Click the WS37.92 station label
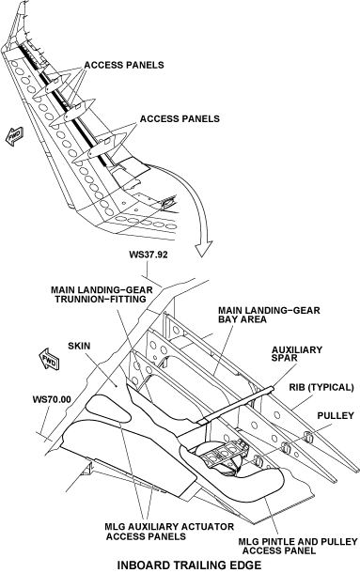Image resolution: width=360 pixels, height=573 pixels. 149,255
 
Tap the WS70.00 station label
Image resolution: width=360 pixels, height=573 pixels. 52,399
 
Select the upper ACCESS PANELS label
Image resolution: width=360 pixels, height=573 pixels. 124,65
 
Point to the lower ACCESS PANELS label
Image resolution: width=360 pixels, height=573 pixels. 180,118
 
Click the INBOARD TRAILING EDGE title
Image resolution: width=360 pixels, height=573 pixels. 190,565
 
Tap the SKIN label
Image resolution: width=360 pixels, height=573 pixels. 79,346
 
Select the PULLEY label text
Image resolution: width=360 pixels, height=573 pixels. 336,415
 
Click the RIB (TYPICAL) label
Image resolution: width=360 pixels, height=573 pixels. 321,387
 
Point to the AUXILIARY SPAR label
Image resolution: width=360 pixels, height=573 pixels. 297,354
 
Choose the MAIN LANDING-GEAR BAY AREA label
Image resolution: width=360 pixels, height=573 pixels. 269,315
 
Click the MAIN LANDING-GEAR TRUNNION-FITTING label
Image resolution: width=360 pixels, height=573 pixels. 102,294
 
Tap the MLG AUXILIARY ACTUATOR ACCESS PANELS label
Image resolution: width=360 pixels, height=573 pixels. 169,532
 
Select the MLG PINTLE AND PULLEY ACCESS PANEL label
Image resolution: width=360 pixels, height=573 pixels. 297,546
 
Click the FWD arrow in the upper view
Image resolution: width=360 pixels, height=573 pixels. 15,135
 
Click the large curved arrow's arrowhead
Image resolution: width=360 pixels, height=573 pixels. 203,248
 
